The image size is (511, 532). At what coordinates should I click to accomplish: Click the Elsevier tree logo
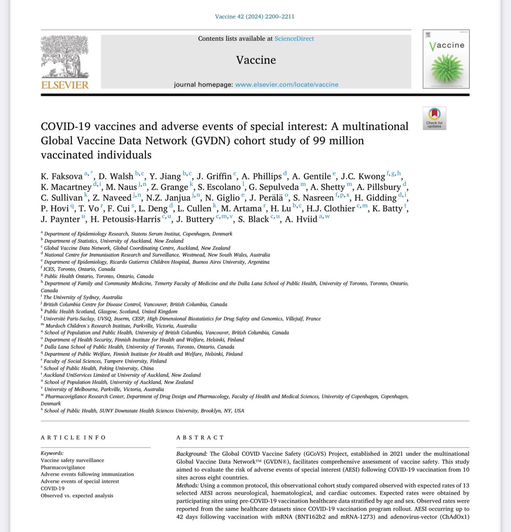point(65,56)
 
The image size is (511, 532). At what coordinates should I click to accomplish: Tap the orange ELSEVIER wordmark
point(65,85)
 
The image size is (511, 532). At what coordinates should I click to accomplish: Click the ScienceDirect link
point(294,39)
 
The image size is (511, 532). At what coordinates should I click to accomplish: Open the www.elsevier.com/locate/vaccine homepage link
point(286,84)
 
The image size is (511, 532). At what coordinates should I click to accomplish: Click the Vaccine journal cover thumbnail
point(446,59)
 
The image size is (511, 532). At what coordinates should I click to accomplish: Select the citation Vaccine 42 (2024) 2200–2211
point(254,17)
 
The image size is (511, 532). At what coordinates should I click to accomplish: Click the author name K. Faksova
point(61,176)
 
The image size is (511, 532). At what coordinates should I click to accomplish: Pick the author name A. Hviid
point(301,219)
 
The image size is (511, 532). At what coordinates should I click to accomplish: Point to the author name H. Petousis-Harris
point(125,219)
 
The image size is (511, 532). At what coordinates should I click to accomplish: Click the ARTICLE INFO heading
point(73,438)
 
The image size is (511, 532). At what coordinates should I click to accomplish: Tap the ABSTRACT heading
point(200,438)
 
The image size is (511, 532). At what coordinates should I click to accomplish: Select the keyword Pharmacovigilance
point(63,467)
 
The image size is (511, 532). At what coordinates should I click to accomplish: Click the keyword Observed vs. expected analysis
point(77,495)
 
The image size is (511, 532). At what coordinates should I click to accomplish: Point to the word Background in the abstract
point(191,454)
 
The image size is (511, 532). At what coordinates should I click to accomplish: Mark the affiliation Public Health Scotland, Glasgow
point(111,311)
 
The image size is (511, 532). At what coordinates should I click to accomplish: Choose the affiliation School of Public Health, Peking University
point(99,368)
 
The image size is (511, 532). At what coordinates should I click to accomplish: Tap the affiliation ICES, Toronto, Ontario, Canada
point(79,269)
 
